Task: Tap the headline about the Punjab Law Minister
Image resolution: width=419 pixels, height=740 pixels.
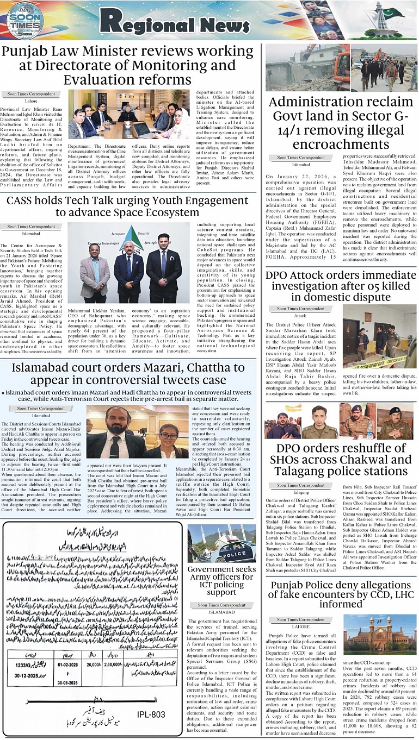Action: pos(128,65)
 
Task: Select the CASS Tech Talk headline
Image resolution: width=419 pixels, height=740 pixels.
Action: pos(128,205)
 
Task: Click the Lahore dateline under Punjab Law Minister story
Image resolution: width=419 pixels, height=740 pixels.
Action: pos(31,101)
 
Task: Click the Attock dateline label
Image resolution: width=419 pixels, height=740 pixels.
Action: pos(300,316)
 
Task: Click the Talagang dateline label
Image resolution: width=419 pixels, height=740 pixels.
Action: pos(301,492)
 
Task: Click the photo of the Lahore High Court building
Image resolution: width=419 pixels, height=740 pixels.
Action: pos(379,635)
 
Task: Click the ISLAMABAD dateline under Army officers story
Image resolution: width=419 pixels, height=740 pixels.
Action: pos(221,612)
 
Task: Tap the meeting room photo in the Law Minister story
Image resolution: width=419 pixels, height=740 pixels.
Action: pos(128,115)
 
